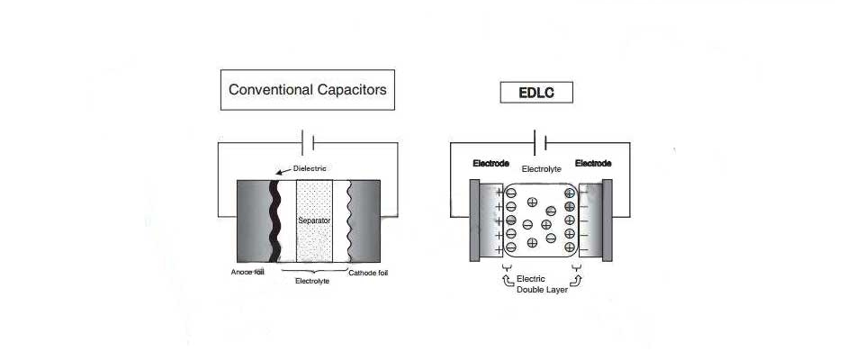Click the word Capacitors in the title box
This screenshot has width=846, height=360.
(x=353, y=90)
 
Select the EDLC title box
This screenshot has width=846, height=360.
(x=536, y=92)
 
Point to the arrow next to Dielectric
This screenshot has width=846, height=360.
(x=283, y=171)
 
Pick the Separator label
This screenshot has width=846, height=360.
(x=315, y=220)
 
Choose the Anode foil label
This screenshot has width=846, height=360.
(x=248, y=272)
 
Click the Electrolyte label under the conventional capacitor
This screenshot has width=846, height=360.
(x=313, y=282)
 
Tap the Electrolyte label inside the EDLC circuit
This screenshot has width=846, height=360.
(x=541, y=168)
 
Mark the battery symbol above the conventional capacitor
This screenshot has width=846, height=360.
(x=307, y=141)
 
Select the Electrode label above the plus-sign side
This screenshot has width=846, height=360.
(x=490, y=164)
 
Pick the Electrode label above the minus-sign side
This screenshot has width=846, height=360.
(x=593, y=164)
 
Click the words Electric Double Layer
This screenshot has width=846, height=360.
(x=540, y=283)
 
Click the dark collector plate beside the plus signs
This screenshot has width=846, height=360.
(x=474, y=220)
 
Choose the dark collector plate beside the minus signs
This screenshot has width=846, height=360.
(x=607, y=220)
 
